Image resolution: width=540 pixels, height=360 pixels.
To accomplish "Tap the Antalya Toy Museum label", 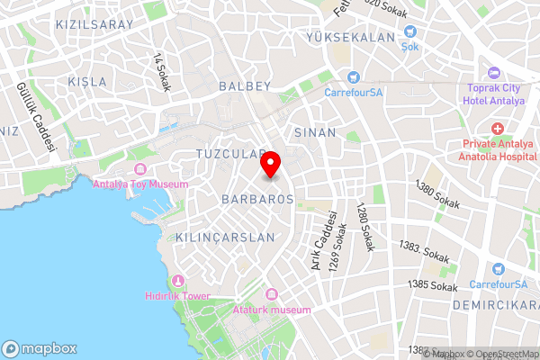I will point(141,184).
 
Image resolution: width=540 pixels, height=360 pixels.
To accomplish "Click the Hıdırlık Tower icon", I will point(178,282).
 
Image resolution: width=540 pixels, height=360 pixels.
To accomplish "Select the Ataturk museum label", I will point(272,310).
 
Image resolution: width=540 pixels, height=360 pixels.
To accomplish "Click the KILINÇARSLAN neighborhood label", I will point(212,237).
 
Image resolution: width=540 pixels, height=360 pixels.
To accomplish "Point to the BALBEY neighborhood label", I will point(245,86).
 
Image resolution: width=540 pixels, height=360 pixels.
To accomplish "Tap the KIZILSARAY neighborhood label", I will point(94,25).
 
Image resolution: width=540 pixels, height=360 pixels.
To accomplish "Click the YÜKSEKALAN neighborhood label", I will point(350,38).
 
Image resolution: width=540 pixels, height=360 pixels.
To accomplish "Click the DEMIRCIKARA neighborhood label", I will point(494,305).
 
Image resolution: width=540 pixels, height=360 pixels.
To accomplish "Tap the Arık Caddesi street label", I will point(317,240).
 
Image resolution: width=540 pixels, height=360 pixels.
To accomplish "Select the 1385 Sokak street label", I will point(433,285).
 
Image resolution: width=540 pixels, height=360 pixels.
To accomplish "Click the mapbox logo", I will point(40,348).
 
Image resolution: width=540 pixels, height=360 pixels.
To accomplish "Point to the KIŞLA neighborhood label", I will point(87,82).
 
